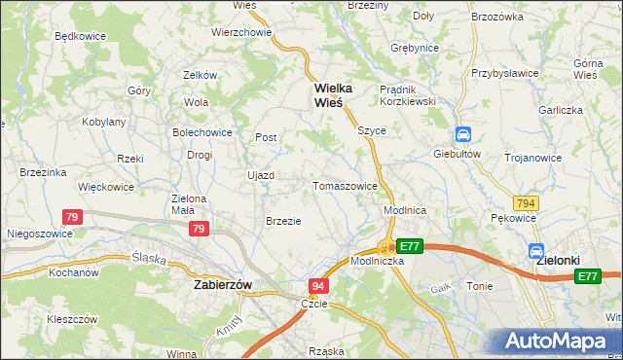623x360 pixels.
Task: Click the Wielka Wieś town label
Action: (332, 95)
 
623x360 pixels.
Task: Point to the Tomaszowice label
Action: (345, 186)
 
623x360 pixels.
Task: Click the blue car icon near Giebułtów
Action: (464, 135)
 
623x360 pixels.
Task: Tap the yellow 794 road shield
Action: (527, 202)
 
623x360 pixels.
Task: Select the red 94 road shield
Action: (318, 286)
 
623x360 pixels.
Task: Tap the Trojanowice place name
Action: (534, 157)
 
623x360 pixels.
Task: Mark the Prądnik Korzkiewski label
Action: (410, 94)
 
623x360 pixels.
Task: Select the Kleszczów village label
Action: (72, 318)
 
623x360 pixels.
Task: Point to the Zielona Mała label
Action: (189, 203)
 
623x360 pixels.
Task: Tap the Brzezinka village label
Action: (42, 172)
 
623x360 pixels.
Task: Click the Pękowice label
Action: (513, 219)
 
